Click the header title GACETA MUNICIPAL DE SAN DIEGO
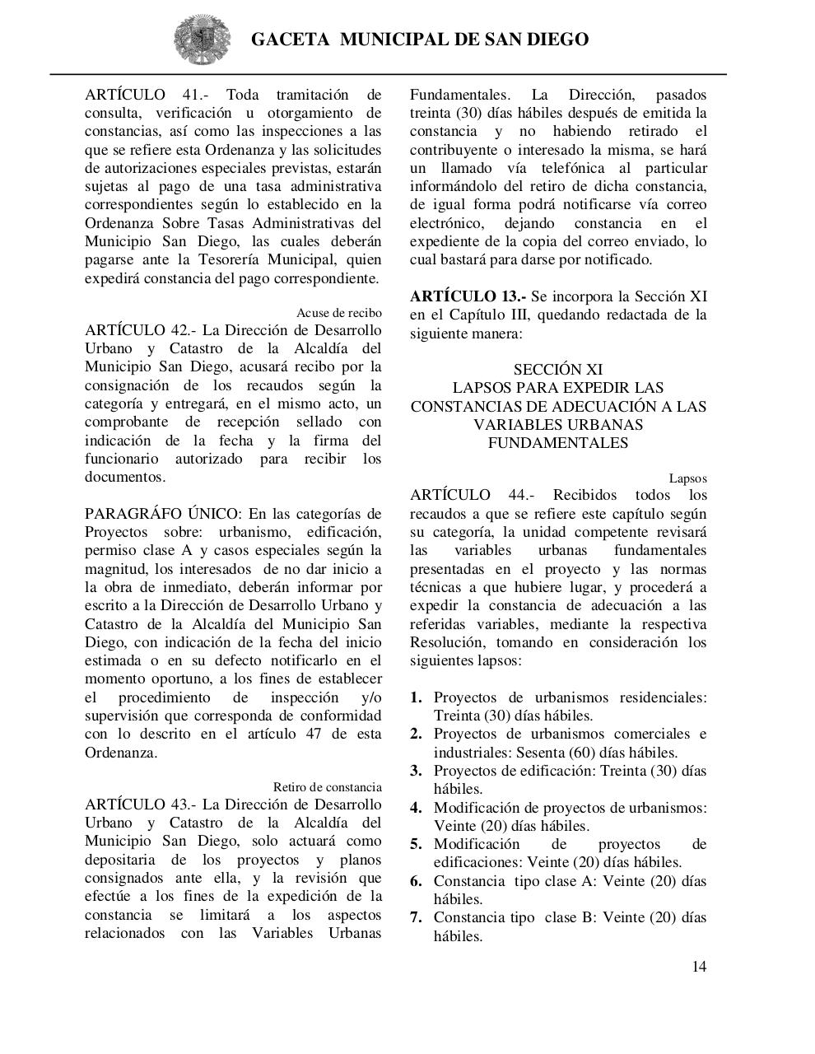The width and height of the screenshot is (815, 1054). (419, 40)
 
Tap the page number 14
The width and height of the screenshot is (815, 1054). (698, 967)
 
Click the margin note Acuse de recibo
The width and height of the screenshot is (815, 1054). (338, 313)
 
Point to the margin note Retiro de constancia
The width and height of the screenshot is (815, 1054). (327, 787)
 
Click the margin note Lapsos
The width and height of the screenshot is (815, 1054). (687, 478)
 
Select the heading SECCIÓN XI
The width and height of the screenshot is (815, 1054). (558, 370)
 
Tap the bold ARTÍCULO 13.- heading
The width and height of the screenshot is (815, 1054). (468, 296)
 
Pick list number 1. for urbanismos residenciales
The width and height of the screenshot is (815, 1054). (417, 697)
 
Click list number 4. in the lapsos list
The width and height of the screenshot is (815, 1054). (417, 808)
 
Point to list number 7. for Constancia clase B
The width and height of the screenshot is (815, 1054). (417, 917)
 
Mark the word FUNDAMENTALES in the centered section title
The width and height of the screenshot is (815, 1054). (558, 443)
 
